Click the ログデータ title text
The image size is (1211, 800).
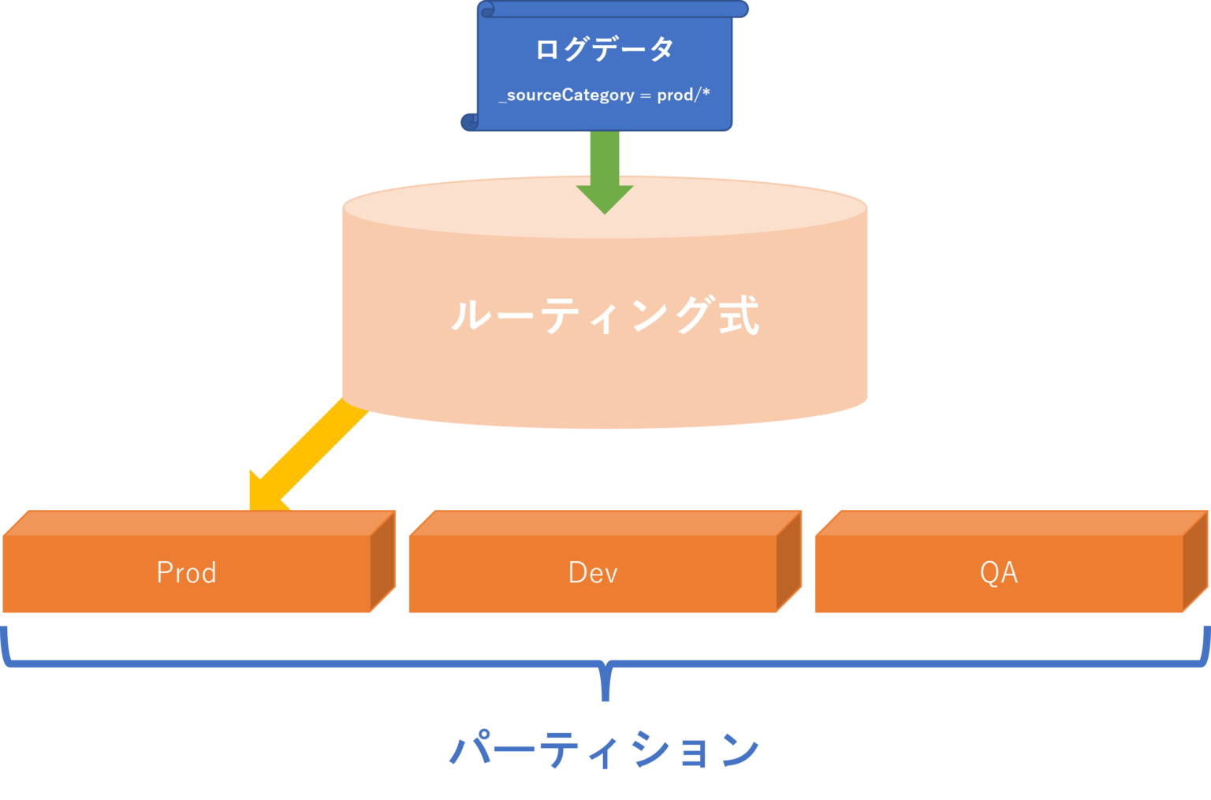point(605,49)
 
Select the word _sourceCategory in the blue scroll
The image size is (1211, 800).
point(567,95)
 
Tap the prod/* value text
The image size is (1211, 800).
point(684,95)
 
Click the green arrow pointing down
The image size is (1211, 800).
point(605,169)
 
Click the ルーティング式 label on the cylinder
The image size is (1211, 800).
point(605,315)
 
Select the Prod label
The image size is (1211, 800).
point(186,573)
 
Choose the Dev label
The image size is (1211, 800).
point(593,573)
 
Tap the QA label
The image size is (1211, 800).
point(998,573)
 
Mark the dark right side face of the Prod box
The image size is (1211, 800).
point(383,561)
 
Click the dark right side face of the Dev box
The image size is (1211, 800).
point(789,561)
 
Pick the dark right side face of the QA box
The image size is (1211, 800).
point(1195,561)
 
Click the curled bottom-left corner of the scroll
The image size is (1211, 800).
point(470,121)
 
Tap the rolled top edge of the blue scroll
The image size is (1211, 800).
point(613,9)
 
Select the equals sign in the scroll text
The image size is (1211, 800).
point(645,95)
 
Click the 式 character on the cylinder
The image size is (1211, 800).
point(739,315)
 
